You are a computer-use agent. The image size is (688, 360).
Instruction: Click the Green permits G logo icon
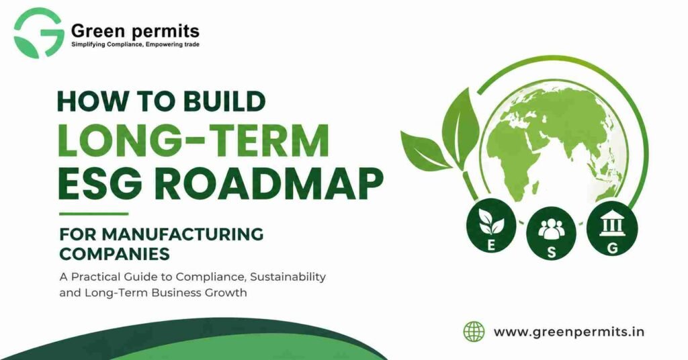point(37,32)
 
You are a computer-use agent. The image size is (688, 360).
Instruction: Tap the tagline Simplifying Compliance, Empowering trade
point(135,44)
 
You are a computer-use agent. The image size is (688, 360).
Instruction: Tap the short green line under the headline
point(93,214)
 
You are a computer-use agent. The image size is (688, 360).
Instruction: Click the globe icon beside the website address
point(474,331)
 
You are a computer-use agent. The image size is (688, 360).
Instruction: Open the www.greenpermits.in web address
point(569,331)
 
